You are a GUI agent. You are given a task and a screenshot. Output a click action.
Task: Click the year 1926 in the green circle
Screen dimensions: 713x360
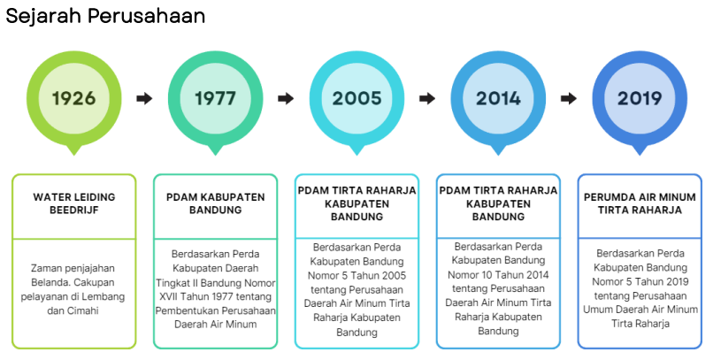(x=74, y=99)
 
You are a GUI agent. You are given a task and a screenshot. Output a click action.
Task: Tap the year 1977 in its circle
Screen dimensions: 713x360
(x=216, y=99)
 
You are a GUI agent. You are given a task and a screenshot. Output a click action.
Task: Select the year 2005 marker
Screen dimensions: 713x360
(x=357, y=99)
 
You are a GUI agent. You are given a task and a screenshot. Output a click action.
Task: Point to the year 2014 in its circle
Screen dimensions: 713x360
(x=498, y=99)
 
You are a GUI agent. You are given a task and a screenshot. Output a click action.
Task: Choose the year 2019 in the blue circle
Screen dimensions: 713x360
(x=640, y=99)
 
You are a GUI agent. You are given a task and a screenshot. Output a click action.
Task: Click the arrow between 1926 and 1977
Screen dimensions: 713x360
(x=144, y=98)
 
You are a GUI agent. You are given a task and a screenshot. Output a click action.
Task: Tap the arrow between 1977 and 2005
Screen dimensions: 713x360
(x=286, y=98)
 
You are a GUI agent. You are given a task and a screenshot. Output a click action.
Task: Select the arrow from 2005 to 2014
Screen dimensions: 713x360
(x=427, y=98)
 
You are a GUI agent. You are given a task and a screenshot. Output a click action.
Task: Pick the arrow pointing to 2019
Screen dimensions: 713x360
(x=569, y=98)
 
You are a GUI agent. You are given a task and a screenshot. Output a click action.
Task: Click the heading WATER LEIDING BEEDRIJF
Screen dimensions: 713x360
(x=74, y=203)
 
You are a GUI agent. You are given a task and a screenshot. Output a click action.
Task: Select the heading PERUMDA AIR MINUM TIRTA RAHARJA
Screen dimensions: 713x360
(x=640, y=203)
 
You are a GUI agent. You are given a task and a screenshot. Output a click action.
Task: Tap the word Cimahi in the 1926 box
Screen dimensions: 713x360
(x=83, y=311)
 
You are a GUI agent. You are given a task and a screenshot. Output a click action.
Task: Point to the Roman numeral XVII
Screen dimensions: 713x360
(x=166, y=297)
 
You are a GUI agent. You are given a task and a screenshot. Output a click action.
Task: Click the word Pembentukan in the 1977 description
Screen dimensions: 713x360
(x=184, y=311)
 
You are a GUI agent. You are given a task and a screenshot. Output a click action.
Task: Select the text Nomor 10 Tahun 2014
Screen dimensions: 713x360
(x=498, y=275)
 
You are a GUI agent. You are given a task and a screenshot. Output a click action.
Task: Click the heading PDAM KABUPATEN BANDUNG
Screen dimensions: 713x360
(x=216, y=203)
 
